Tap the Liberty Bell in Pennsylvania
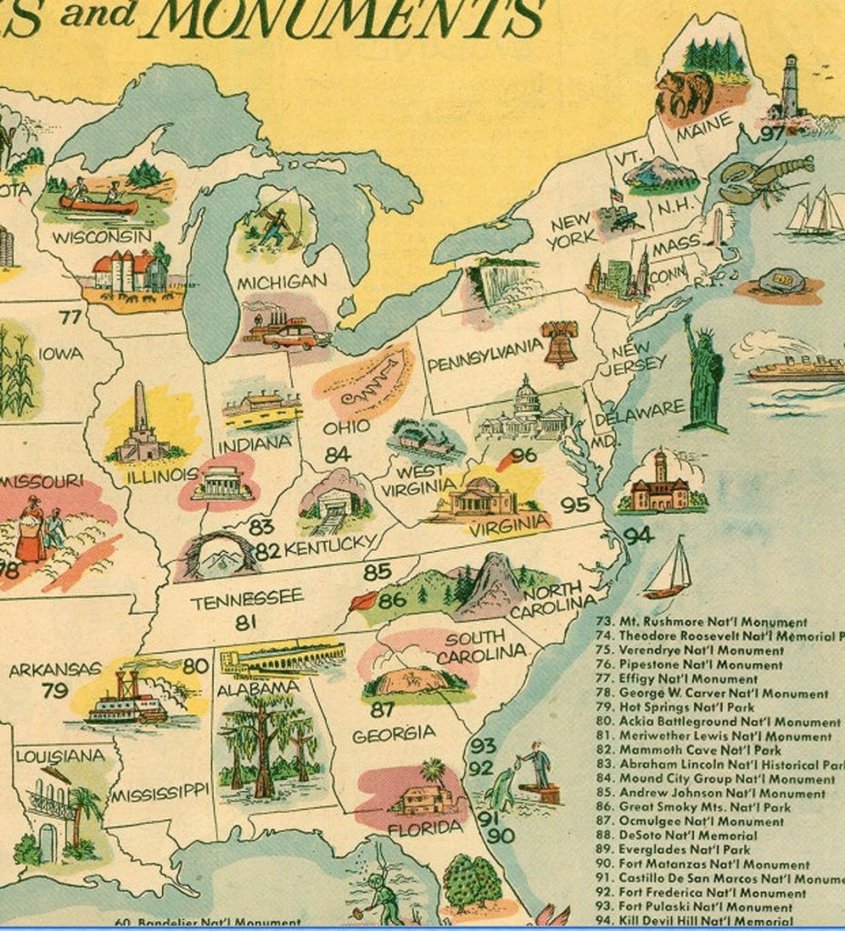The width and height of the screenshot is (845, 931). [559, 343]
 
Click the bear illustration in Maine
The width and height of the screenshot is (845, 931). [684, 93]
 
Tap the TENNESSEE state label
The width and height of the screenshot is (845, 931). [246, 599]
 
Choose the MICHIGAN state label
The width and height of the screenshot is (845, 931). [281, 282]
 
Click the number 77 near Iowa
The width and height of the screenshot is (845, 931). [70, 317]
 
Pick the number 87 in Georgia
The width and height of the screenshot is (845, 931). [382, 709]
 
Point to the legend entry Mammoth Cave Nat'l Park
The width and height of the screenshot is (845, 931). [699, 750]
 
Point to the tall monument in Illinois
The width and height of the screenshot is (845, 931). [140, 423]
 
